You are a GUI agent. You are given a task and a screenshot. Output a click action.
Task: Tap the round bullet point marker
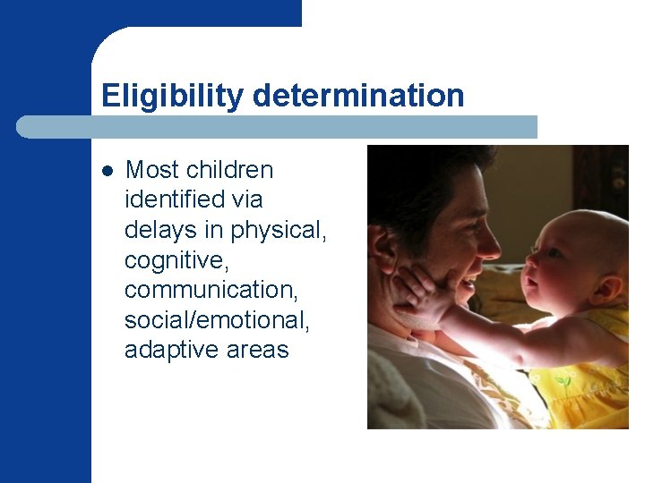click(x=107, y=170)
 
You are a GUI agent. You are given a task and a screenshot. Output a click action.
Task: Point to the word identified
click(x=176, y=199)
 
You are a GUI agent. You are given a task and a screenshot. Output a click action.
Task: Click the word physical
click(x=279, y=229)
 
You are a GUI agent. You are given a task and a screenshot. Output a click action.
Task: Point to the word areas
click(x=260, y=350)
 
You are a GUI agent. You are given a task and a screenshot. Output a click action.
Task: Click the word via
click(x=244, y=199)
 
